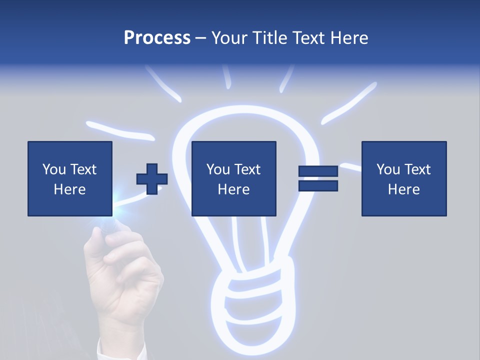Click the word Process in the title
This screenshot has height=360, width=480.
[157, 38]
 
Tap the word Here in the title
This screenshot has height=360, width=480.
[349, 38]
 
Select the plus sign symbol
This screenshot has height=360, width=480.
[152, 179]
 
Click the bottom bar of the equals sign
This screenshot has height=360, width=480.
[318, 186]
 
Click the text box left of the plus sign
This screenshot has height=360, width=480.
[70, 178]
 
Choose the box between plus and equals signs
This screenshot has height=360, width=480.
[234, 178]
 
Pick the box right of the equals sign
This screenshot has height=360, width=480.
[404, 178]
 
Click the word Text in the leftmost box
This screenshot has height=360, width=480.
[83, 169]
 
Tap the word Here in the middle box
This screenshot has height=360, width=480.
[234, 189]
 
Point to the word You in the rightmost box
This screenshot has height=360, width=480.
[388, 169]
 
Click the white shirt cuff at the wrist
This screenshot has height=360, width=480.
[107, 350]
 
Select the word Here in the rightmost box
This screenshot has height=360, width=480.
[404, 189]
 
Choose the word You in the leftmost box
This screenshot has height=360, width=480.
[54, 169]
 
